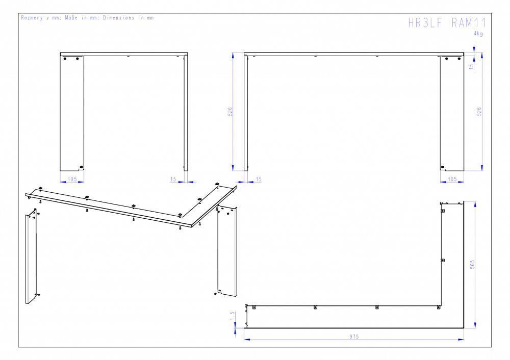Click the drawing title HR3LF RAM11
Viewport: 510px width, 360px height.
pos(447,23)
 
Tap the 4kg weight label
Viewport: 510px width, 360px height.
pos(478,34)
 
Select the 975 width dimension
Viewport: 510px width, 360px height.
pos(354,337)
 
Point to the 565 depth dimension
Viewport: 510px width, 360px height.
pos(472,264)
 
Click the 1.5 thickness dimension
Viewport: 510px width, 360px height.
pos(232,316)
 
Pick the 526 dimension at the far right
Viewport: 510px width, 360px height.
pos(479,112)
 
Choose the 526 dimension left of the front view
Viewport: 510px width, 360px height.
pos(230,112)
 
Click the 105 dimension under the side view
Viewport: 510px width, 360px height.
pos(72,179)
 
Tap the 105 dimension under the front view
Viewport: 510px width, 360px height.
pos(452,179)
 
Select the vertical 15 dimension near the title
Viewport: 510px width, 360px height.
pos(471,66)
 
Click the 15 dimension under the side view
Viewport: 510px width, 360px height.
pos(173,179)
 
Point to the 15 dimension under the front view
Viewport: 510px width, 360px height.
pos(259,179)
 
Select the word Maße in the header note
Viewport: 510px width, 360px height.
pos(71,18)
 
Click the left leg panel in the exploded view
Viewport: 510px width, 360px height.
pos(31,256)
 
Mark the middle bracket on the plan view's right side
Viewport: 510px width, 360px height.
pos(443,260)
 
